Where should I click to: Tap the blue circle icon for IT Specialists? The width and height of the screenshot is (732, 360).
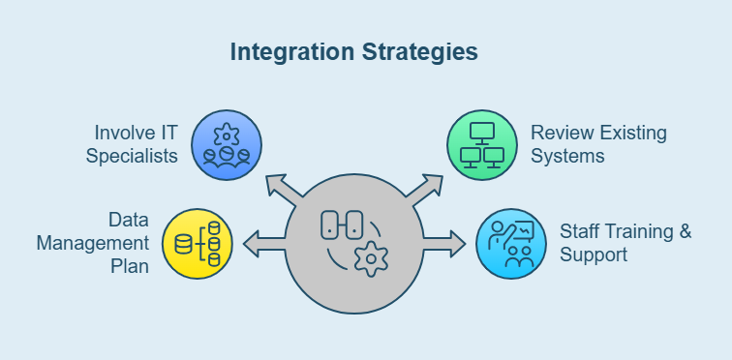(x=227, y=145)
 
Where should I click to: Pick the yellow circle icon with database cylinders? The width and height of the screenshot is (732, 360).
(x=198, y=243)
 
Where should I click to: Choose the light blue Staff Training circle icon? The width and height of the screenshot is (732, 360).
(x=511, y=243)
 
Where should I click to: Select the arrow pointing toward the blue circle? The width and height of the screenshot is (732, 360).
(x=281, y=189)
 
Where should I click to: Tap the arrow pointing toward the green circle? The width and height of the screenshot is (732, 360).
(x=427, y=189)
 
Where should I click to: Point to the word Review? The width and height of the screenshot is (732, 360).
(x=558, y=132)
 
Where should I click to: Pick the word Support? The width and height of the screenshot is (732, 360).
(x=594, y=255)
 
